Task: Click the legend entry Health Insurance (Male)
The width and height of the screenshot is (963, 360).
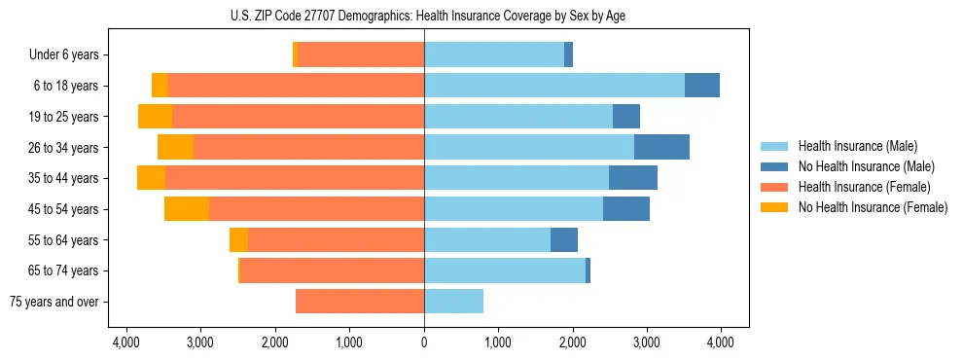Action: pos(857,146)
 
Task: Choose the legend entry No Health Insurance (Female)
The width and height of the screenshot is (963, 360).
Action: pos(873,207)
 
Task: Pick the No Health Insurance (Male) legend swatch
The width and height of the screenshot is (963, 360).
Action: pos(774,166)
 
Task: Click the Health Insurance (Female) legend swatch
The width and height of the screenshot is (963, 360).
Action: pos(774,187)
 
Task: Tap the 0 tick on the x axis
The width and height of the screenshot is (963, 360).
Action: pos(424,342)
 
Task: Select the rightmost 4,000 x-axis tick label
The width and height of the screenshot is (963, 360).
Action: pos(720,342)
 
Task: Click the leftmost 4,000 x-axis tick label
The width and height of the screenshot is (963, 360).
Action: pos(127,342)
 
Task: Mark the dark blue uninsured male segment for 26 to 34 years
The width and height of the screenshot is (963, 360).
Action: pos(661,148)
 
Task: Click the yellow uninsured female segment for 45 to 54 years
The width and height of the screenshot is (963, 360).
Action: pos(187,209)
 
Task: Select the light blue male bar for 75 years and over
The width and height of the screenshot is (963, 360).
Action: pos(453,302)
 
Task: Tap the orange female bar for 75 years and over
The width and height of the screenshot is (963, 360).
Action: pos(360,302)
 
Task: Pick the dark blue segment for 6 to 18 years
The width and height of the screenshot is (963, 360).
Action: pos(702,86)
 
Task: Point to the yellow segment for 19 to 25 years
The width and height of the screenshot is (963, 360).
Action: pos(155,117)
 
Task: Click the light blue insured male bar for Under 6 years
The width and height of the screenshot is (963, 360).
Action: pos(494,55)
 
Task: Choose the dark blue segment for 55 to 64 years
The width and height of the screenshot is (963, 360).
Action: pos(564,240)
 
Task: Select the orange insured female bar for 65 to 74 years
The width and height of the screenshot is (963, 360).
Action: pos(332,270)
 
